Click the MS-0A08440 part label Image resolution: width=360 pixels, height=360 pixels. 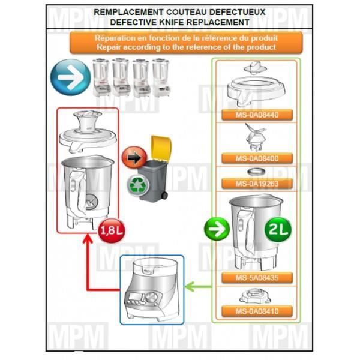coord(257,115)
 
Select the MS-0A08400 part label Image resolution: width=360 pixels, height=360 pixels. coord(257,158)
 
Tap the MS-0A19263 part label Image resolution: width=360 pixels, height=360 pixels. coord(257,184)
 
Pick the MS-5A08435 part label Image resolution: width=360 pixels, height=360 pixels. coord(257,278)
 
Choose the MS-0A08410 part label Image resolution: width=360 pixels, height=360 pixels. coord(257,311)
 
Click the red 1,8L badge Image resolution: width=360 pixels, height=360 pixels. coord(112,230)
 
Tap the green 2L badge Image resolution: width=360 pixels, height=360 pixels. coord(278,229)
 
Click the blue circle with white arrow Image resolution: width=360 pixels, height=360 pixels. coord(70,77)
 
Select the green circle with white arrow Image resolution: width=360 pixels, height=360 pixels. coord(217,229)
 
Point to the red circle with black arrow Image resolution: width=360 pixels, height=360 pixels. coord(134,158)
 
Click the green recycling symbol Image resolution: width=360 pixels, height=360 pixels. coord(138,185)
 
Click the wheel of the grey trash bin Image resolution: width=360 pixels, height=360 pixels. coord(164,196)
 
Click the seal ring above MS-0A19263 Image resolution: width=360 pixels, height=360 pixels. coord(256,172)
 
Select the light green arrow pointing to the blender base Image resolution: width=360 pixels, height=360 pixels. coord(198,287)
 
